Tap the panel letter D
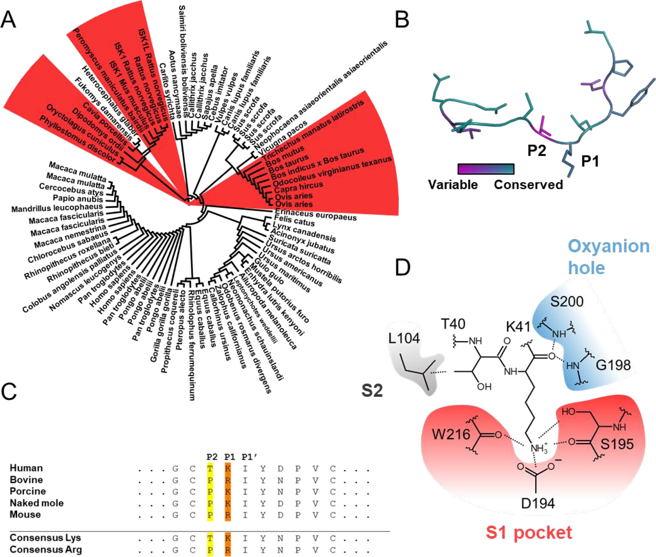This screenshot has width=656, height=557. click(403, 267)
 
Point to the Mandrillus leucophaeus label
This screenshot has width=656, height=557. click(57, 208)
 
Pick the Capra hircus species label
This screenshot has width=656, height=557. click(298, 187)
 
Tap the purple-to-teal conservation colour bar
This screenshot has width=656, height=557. click(486, 169)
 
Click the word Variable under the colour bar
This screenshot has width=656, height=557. click(453, 185)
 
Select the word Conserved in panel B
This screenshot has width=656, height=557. click(528, 185)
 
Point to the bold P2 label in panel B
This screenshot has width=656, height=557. click(537, 151)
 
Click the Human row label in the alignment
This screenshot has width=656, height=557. click(26, 468)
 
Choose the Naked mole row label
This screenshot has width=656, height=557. click(36, 503)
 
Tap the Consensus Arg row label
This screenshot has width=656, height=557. click(45, 549)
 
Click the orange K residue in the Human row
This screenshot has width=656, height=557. click(228, 468)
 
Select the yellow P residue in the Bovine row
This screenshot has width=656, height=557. click(210, 480)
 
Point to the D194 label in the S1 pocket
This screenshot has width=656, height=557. click(538, 504)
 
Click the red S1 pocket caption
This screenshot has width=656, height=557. click(529, 533)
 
